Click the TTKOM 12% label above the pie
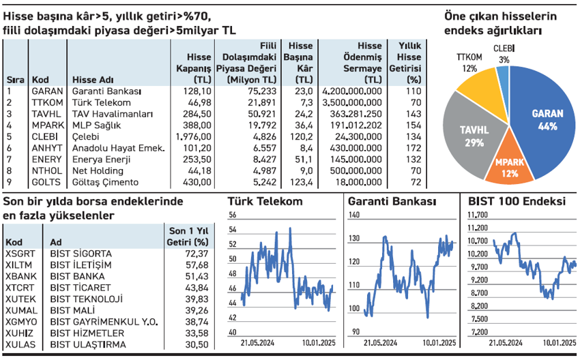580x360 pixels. point(469,63)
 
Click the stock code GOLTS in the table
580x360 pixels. point(46,182)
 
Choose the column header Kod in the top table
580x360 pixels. point(40,78)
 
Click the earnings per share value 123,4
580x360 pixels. point(301,182)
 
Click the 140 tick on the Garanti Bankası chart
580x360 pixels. point(353,215)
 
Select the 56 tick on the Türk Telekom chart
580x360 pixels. point(233,215)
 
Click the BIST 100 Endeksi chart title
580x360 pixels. point(518,202)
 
